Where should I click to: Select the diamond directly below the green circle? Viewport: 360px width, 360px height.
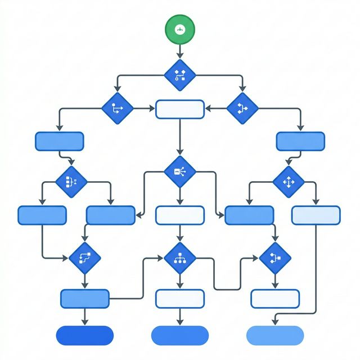(x=180, y=74)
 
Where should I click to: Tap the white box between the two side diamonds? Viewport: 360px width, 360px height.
(x=180, y=109)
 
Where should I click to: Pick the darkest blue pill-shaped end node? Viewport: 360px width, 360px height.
(x=84, y=335)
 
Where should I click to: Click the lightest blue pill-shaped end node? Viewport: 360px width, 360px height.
(x=274, y=335)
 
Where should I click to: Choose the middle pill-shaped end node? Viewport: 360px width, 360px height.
(x=179, y=335)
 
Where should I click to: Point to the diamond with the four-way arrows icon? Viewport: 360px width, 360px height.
(x=289, y=182)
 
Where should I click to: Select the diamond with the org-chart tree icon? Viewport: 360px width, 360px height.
(x=180, y=258)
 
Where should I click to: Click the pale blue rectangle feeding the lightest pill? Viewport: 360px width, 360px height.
(x=316, y=215)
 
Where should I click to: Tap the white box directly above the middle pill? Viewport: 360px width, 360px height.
(x=180, y=299)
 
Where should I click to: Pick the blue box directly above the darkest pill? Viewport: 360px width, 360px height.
(x=84, y=299)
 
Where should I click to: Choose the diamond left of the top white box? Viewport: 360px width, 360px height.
(x=117, y=106)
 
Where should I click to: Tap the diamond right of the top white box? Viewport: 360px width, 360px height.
(x=242, y=106)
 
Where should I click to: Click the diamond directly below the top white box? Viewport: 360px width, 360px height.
(x=180, y=171)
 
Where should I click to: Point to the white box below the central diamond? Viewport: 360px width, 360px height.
(x=180, y=215)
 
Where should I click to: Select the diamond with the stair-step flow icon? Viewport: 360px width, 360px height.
(x=84, y=258)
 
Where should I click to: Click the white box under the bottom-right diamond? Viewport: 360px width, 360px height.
(x=275, y=299)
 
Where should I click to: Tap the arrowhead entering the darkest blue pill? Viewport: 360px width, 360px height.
(x=84, y=322)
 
